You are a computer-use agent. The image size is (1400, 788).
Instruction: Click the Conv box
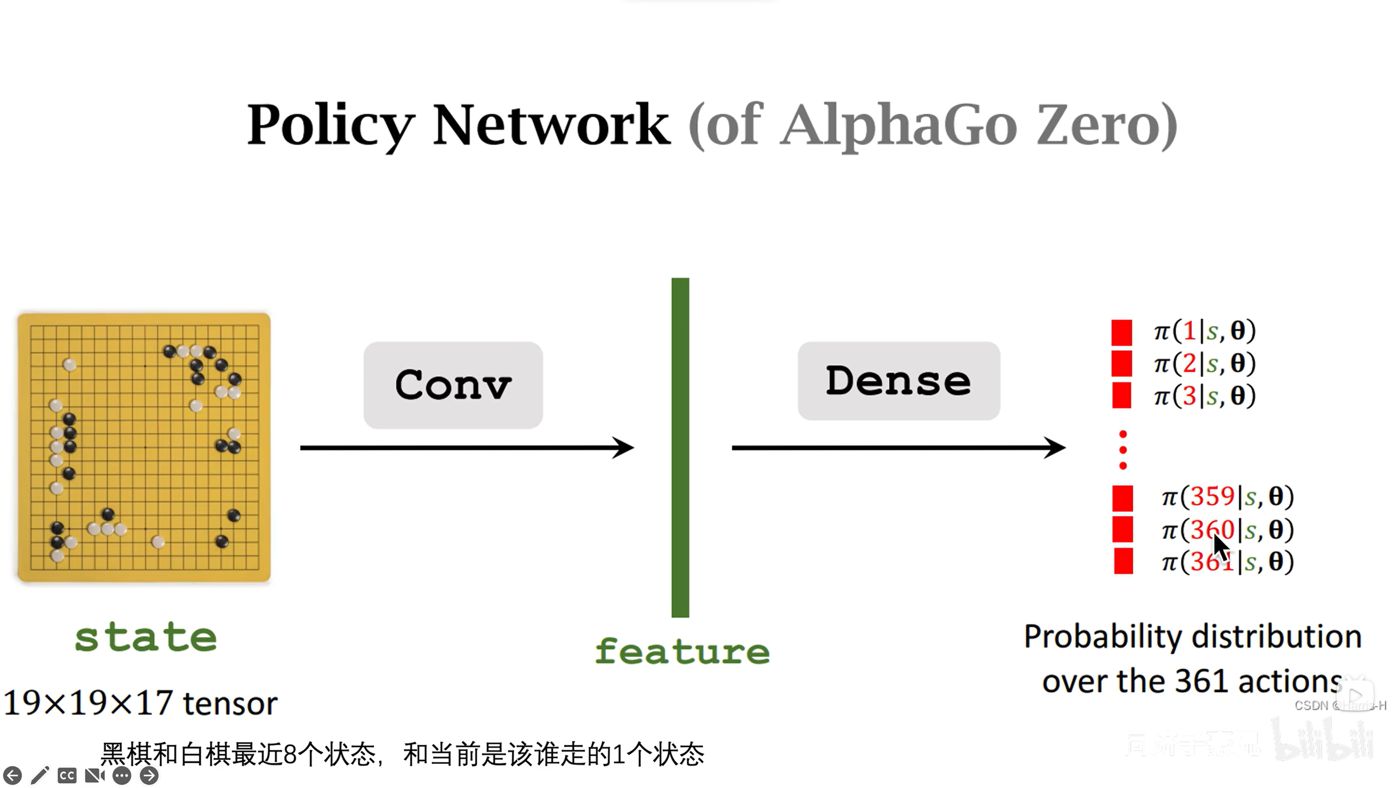tap(453, 385)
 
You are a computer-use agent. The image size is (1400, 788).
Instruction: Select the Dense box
tap(899, 381)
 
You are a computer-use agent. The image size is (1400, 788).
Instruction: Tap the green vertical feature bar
tap(680, 447)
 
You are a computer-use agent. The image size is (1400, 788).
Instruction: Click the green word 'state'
tap(145, 638)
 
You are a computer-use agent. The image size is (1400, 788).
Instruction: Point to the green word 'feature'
tap(682, 651)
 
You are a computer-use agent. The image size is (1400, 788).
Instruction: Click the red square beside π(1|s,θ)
tap(1121, 333)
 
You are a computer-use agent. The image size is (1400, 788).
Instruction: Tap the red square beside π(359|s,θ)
tap(1123, 498)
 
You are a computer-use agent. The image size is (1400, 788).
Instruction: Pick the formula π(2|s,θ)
tap(1204, 363)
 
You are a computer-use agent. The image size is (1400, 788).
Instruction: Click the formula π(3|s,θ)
tap(1204, 396)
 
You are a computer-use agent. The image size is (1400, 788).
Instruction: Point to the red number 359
tap(1212, 497)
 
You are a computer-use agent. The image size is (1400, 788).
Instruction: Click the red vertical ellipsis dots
tap(1123, 450)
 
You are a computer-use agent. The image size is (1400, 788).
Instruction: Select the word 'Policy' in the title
tap(330, 126)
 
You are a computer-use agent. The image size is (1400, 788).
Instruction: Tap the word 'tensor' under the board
tap(230, 703)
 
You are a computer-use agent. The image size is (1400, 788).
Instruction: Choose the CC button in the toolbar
tap(67, 775)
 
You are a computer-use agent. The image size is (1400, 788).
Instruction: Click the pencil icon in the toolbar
tap(40, 775)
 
